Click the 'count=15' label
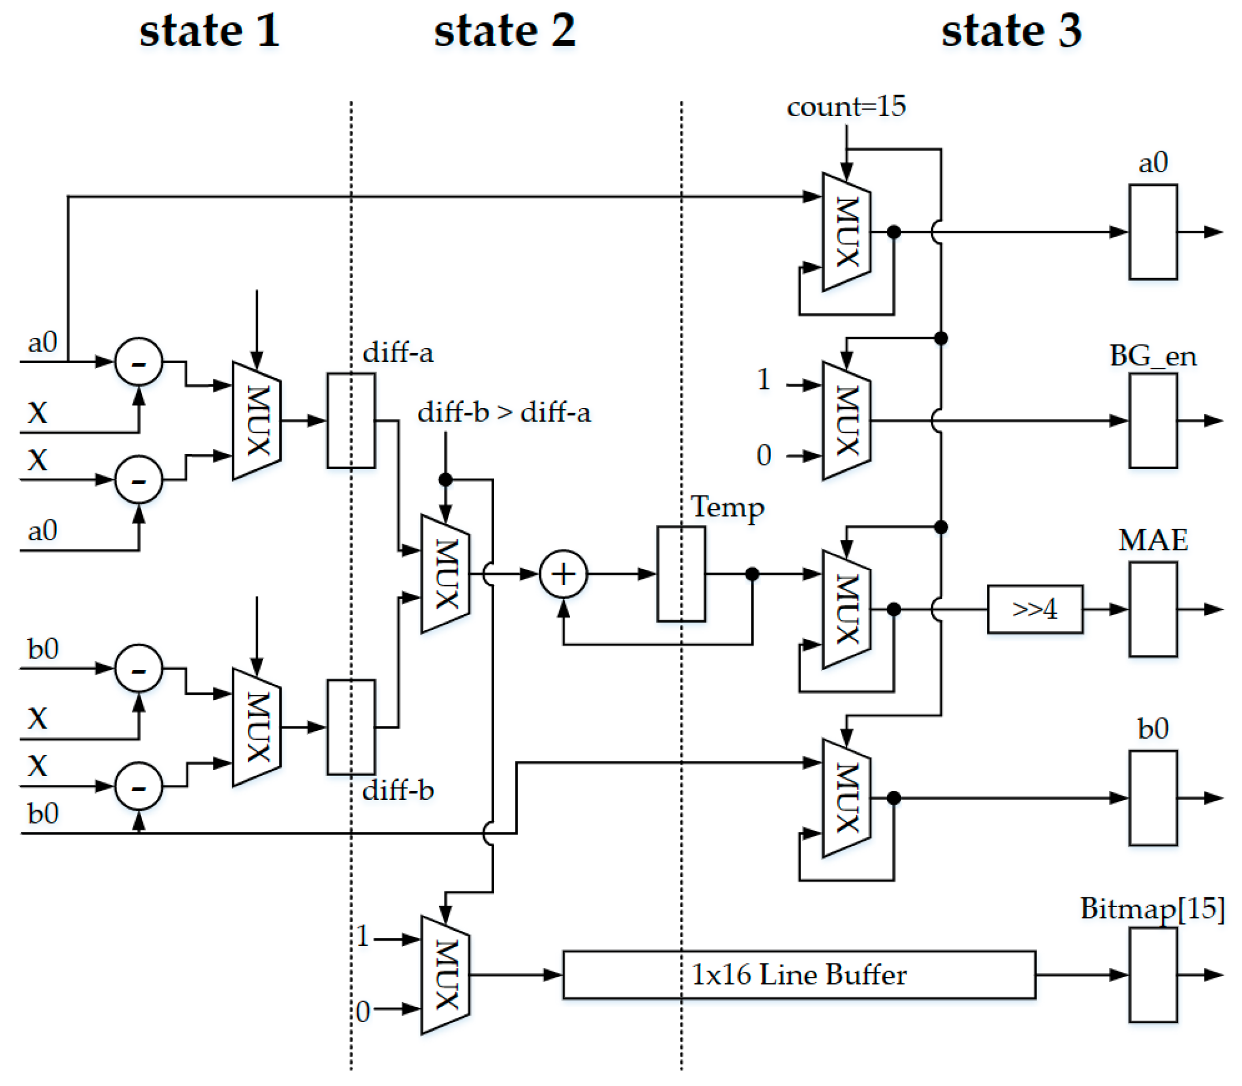pyautogui.click(x=846, y=107)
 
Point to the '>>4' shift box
pyautogui.click(x=1034, y=608)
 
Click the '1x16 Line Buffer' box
pyautogui.click(x=798, y=975)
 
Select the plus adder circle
pyautogui.click(x=563, y=574)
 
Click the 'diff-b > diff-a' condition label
pyautogui.click(x=503, y=413)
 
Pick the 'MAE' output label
pyautogui.click(x=1152, y=540)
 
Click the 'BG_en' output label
pyautogui.click(x=1152, y=355)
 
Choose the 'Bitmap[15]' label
pyautogui.click(x=1152, y=908)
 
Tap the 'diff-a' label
pyautogui.click(x=398, y=352)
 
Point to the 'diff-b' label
pyautogui.click(x=398, y=790)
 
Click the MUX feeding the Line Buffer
pyautogui.click(x=445, y=975)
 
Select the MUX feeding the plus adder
pyautogui.click(x=445, y=574)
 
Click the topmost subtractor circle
pyautogui.click(x=139, y=362)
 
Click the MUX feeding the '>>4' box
pyautogui.click(x=846, y=608)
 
